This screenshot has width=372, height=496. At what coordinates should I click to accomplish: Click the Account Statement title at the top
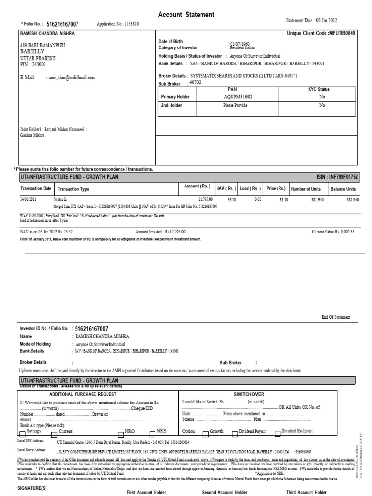point(186,15)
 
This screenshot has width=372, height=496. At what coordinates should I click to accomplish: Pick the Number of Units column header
point(306,189)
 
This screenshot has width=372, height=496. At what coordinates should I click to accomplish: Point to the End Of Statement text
point(336,317)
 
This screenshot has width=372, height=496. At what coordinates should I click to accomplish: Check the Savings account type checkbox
point(23,432)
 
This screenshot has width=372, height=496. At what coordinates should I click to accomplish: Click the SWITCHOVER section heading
point(248,395)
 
